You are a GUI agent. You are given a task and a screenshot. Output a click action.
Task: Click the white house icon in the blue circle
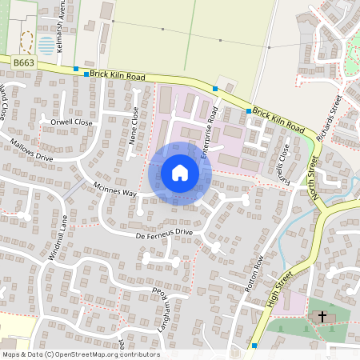(x=180, y=173)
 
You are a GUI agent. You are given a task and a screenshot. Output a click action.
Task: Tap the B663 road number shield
(x=22, y=62)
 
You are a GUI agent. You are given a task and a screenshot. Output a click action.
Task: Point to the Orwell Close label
(x=72, y=122)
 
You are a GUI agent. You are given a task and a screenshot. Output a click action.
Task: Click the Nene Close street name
(x=134, y=126)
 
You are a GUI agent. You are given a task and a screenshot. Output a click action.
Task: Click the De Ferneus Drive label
(x=164, y=233)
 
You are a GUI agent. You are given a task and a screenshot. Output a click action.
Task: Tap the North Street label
(x=316, y=178)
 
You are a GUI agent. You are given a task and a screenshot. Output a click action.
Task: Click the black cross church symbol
(x=322, y=318)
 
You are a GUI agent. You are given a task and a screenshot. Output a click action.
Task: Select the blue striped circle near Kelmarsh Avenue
(x=46, y=45)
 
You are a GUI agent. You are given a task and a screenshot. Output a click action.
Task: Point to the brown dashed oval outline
(x=26, y=40)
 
